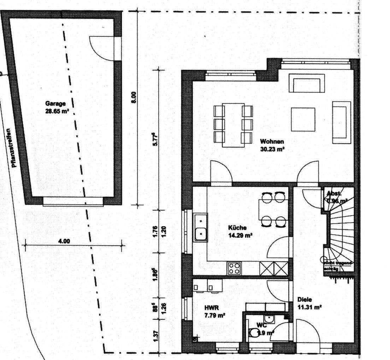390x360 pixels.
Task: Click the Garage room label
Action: tap(55, 103)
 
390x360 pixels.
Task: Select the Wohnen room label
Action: tap(272, 142)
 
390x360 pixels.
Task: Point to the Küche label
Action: tap(237, 228)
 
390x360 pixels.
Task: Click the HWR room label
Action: tap(209, 308)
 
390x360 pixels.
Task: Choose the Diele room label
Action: tap(305, 300)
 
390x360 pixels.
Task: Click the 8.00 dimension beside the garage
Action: tap(133, 97)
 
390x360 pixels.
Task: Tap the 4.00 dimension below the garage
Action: tap(64, 241)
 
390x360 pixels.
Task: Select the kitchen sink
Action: tap(201, 227)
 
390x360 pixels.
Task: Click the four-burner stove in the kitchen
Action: tap(234, 268)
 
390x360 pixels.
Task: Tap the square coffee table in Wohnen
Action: tap(303, 119)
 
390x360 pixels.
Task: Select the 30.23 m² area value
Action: tap(272, 149)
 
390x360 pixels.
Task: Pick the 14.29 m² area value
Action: tap(240, 235)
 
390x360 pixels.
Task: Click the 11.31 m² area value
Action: tap(309, 307)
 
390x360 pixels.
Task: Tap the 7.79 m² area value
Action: tap(215, 316)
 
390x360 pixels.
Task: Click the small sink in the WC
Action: tap(270, 319)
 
